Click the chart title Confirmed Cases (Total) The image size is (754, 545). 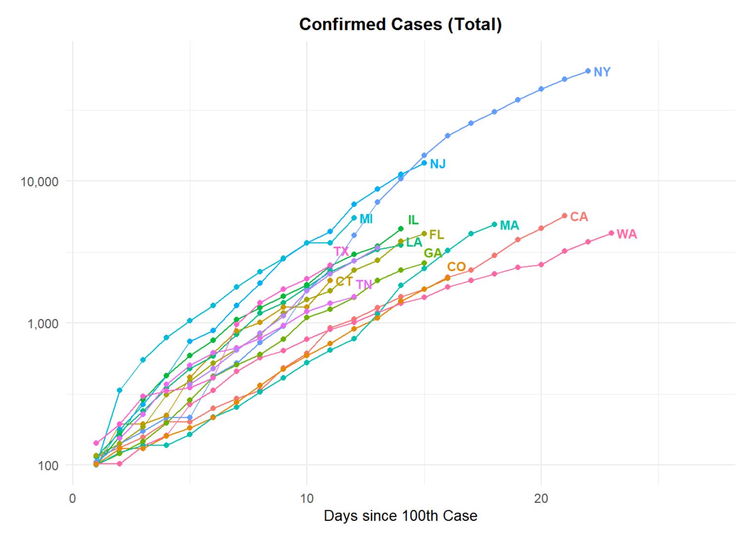(x=400, y=24)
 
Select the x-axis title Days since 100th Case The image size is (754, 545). (x=400, y=516)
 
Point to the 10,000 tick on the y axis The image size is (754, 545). (x=40, y=182)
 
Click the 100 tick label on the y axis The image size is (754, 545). (x=48, y=465)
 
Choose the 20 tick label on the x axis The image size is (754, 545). (x=541, y=499)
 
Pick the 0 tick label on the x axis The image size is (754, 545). (x=73, y=499)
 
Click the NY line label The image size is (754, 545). (x=602, y=72)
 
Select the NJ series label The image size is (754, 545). (x=438, y=164)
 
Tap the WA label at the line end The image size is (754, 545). (x=627, y=234)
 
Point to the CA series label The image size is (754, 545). (x=579, y=217)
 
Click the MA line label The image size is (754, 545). (x=509, y=226)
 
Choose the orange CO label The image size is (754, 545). (x=456, y=267)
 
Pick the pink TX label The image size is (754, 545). (x=341, y=252)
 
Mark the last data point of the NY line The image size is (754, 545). (x=588, y=71)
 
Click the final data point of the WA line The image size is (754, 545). (x=612, y=233)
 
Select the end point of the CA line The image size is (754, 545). (x=565, y=216)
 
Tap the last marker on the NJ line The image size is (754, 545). (x=424, y=163)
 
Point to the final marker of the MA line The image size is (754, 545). (x=494, y=225)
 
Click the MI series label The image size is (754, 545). (x=366, y=219)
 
